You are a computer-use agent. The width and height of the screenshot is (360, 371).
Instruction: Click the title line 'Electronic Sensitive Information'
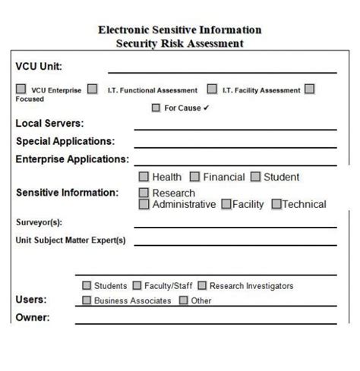[180, 30]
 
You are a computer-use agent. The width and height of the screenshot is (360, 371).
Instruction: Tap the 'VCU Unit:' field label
[39, 67]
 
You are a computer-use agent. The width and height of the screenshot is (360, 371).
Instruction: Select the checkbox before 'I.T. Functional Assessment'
[92, 90]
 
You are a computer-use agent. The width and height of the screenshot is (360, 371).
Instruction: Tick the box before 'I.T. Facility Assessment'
[212, 90]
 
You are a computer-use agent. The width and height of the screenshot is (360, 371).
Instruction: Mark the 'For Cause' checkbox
[156, 108]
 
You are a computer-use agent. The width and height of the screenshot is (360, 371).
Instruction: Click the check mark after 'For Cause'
[207, 108]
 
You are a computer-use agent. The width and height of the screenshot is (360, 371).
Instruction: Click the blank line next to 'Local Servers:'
[235, 127]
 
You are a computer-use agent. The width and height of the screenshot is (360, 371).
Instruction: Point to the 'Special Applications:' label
[65, 141]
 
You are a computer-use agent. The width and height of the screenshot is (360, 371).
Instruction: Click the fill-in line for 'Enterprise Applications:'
[235, 163]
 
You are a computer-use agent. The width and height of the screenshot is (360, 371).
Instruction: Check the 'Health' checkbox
[144, 177]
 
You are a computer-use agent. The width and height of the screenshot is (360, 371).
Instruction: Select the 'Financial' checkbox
[194, 177]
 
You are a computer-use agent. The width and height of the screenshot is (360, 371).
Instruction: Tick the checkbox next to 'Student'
[255, 177]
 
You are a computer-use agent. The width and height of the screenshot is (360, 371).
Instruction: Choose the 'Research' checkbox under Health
[144, 193]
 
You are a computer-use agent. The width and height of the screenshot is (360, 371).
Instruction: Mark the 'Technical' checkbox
[276, 204]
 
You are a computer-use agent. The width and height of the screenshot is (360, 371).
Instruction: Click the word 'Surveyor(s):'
[39, 222]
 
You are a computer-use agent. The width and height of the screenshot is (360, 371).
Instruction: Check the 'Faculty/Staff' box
[137, 286]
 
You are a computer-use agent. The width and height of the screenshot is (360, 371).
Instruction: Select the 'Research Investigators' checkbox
[202, 286]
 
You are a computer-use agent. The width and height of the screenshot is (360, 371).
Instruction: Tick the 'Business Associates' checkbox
[87, 300]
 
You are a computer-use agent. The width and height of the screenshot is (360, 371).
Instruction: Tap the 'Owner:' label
[33, 317]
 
